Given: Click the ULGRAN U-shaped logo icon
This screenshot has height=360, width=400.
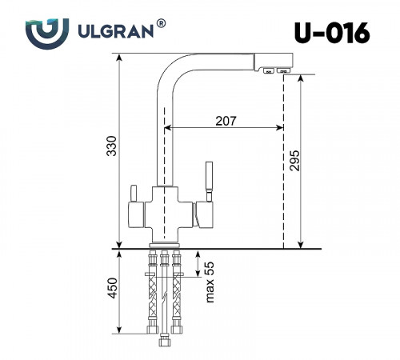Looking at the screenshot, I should tap(41, 33).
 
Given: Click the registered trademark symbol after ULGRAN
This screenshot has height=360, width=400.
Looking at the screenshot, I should tap(162, 25).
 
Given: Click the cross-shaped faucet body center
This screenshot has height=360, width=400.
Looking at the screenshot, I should tap(164, 210).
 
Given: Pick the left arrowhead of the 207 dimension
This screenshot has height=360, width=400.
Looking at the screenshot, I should tap(169, 127).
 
